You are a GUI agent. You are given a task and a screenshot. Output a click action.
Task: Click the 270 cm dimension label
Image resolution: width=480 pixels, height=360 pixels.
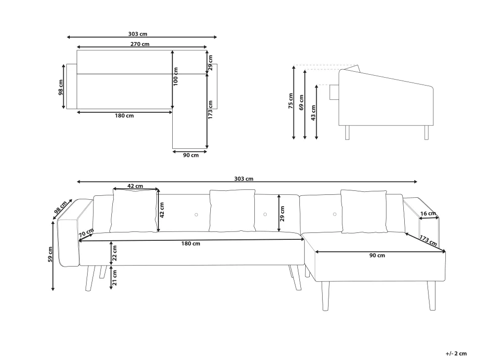[x=140, y=44]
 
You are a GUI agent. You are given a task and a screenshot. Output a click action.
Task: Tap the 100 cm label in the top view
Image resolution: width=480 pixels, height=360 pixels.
[x=176, y=77]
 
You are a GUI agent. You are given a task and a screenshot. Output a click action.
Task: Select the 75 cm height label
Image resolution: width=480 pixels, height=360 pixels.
[x=290, y=101]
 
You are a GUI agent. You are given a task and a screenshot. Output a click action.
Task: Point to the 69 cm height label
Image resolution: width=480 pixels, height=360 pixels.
[x=301, y=102]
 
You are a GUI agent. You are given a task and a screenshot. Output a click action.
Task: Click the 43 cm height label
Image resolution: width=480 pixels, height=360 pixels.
[x=313, y=113]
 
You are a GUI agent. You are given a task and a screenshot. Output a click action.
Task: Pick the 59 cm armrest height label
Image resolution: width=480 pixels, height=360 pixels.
[x=50, y=254]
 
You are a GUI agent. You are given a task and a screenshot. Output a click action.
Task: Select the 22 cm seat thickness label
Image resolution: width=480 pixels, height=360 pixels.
[x=114, y=253]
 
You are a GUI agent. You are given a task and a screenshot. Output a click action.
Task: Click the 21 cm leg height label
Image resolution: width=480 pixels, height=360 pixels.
[x=114, y=277]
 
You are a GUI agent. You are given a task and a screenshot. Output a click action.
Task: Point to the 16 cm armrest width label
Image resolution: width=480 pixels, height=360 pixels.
[x=428, y=214]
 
